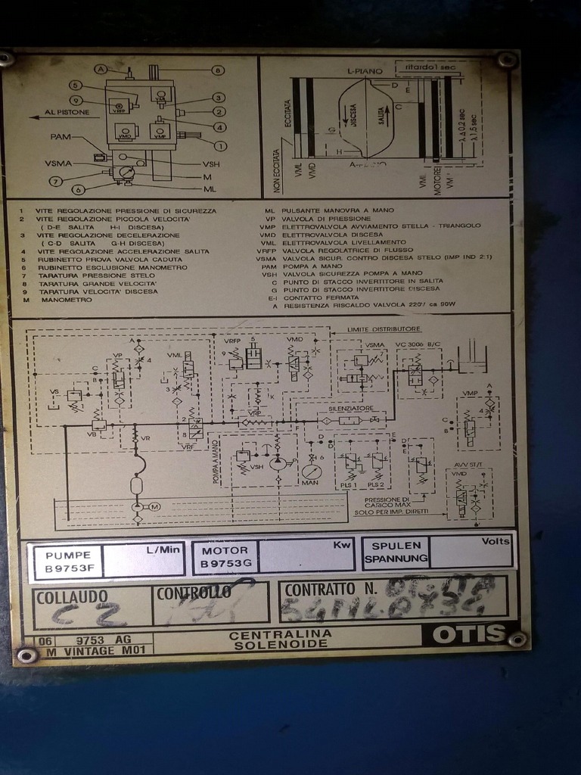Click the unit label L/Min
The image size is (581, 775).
(x=163, y=549)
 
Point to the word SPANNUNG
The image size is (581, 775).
(x=396, y=559)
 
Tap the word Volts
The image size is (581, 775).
(x=496, y=542)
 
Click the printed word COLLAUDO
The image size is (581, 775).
(x=72, y=596)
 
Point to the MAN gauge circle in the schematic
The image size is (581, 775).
(x=310, y=471)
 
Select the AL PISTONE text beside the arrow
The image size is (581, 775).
(x=67, y=113)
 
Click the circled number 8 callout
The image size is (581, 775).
(x=218, y=70)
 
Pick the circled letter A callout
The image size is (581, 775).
(x=101, y=70)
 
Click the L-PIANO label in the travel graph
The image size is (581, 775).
(x=362, y=71)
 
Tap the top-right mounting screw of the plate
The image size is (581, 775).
(x=508, y=60)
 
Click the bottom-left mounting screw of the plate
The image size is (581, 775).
(x=27, y=655)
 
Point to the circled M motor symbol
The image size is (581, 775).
(x=155, y=506)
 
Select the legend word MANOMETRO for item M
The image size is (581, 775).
(x=68, y=300)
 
